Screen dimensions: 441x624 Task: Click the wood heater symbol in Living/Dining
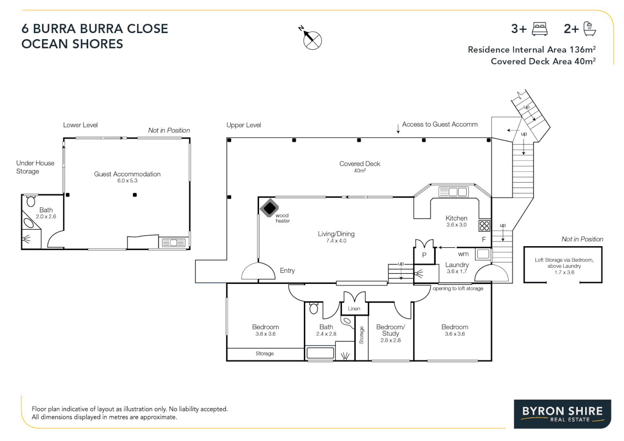coord(269,208)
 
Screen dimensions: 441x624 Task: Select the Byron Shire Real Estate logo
coord(562,414)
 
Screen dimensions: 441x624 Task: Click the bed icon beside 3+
coord(540,29)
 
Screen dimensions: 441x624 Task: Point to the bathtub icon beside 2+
coord(589,29)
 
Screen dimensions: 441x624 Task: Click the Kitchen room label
coord(456,218)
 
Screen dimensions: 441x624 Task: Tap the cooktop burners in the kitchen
coord(484,226)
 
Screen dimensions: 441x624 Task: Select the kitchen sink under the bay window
coord(453,192)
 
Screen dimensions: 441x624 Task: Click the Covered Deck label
coord(359,164)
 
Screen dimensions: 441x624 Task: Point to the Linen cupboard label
coord(354,309)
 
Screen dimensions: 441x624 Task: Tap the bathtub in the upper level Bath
coord(320,353)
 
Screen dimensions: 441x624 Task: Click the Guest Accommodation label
coord(127,174)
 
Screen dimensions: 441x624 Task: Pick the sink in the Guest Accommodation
coord(174,243)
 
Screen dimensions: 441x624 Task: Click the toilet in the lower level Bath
coord(31,201)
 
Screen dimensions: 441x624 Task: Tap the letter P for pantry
coord(424,255)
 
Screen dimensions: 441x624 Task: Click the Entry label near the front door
coord(287,271)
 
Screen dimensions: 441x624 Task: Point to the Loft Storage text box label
coord(564,266)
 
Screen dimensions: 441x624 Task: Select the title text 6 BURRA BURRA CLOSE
coord(95,29)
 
